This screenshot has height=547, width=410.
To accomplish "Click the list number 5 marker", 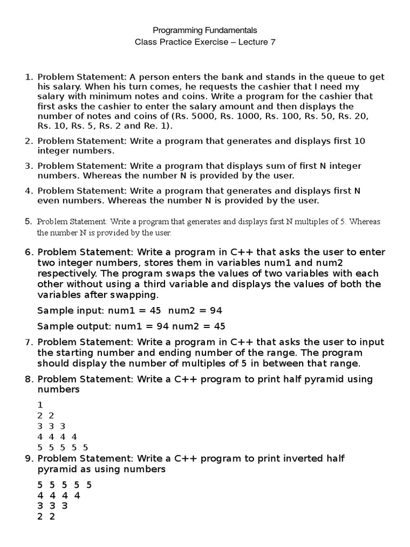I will pos(28,221).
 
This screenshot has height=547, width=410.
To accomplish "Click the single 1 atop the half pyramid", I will pos(40,405).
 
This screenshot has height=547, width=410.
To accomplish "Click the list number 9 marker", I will pos(28,459).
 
